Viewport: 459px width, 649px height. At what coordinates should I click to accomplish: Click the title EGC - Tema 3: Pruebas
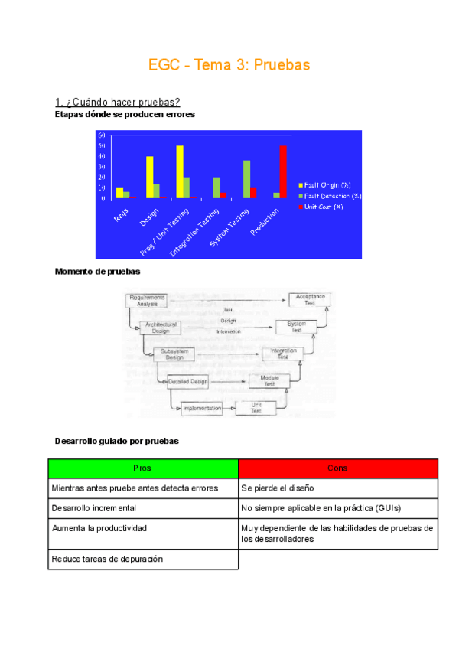(x=229, y=66)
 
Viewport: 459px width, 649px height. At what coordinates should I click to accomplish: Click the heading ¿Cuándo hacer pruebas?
(x=117, y=103)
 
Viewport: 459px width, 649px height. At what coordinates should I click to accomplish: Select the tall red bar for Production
(x=283, y=171)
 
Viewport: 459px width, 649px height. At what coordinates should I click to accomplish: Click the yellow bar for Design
(x=150, y=177)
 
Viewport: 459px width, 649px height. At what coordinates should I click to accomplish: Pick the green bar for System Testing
(x=246, y=179)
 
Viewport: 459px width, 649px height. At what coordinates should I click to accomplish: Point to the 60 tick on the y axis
(x=102, y=135)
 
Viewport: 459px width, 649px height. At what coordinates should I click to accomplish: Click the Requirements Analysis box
(x=146, y=300)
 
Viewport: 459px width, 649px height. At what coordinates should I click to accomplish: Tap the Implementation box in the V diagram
(x=202, y=409)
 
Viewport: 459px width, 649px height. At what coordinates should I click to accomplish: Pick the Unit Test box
(x=257, y=408)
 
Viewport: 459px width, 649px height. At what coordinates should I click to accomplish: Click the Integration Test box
(x=283, y=354)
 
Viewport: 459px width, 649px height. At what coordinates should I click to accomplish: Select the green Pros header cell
(x=143, y=468)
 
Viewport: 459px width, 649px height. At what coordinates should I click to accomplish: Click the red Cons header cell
(x=338, y=468)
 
